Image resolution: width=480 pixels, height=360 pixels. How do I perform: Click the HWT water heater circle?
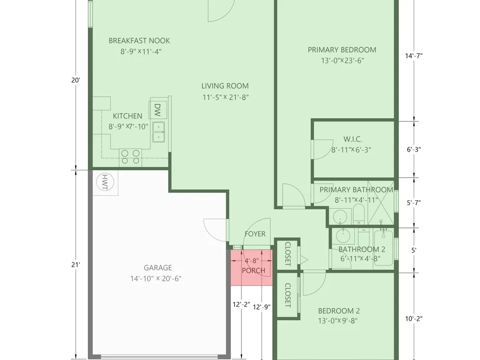pyautogui.click(x=105, y=182)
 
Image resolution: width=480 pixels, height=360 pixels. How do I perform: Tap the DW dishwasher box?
pyautogui.click(x=158, y=109)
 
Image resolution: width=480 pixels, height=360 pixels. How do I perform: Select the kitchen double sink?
pyautogui.click(x=158, y=132)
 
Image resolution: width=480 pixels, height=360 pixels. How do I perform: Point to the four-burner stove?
pyautogui.click(x=131, y=157)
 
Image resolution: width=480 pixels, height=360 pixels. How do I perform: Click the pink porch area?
pyautogui.click(x=252, y=267)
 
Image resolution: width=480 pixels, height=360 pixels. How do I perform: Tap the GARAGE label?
pyautogui.click(x=157, y=267)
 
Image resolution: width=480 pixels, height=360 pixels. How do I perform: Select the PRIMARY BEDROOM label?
pyautogui.click(x=342, y=49)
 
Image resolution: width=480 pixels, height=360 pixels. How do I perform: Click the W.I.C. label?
pyautogui.click(x=353, y=139)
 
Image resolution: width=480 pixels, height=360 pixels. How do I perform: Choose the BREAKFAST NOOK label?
pyautogui.click(x=139, y=40)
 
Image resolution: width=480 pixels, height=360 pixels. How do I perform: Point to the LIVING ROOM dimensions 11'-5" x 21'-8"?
pyautogui.click(x=225, y=97)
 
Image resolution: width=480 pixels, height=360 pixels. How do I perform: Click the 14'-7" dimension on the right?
pyautogui.click(x=414, y=56)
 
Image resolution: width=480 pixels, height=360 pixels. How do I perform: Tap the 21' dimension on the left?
pyautogui.click(x=76, y=264)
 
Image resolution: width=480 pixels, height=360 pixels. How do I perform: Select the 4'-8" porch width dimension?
pyautogui.click(x=252, y=261)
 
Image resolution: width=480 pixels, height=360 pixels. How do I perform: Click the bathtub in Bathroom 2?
pyautogui.click(x=383, y=247)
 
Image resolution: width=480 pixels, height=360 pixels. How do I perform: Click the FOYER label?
pyautogui.click(x=255, y=234)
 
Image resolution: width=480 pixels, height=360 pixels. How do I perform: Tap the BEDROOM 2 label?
pyautogui.click(x=339, y=311)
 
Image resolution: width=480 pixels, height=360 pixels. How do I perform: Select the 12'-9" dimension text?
pyautogui.click(x=262, y=307)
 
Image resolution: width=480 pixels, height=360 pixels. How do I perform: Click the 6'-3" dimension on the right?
pyautogui.click(x=414, y=149)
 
